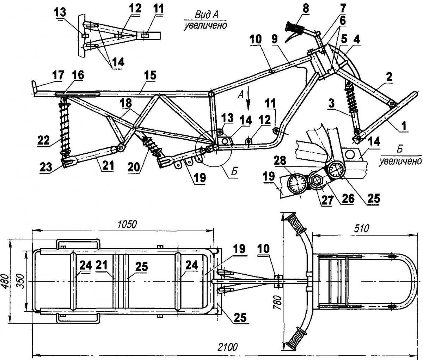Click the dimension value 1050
pos(127,225)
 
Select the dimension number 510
pos(362,228)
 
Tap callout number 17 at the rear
pos(58,76)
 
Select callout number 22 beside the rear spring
pos(44,140)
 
